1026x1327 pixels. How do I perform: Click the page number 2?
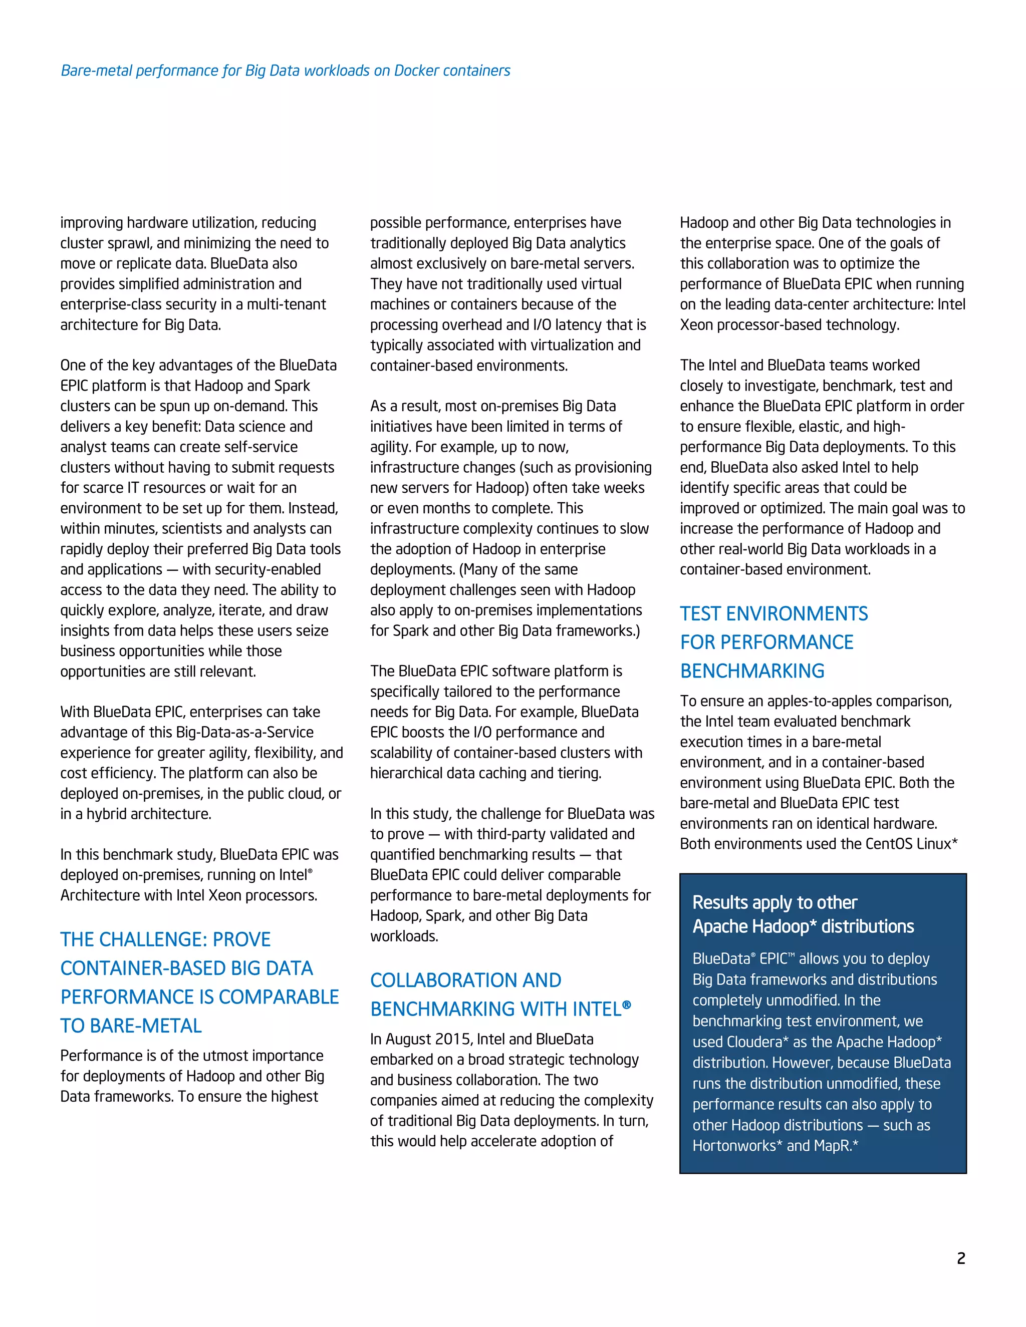[x=960, y=1258]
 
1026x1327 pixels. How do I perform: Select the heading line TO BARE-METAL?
[x=131, y=1026]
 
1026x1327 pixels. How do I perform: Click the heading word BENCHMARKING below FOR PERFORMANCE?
[x=752, y=671]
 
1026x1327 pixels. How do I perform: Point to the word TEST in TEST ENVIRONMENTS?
[x=700, y=614]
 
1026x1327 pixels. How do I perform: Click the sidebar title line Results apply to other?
[x=775, y=903]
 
